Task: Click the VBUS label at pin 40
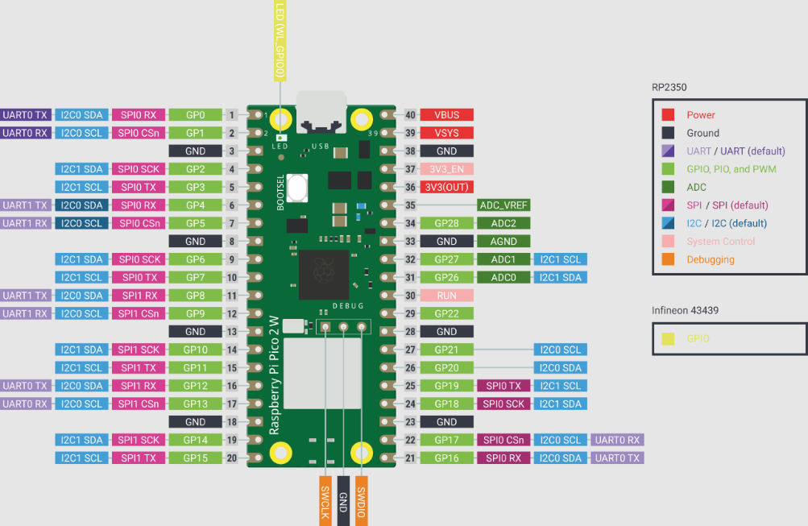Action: click(x=446, y=115)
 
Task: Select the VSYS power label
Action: click(x=446, y=133)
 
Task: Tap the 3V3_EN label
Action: click(x=446, y=169)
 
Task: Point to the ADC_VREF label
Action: click(x=503, y=205)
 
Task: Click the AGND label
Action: click(x=503, y=241)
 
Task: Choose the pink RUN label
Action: click(x=446, y=296)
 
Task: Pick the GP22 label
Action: click(x=446, y=313)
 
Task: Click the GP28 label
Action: click(x=446, y=223)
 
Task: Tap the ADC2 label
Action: click(x=503, y=223)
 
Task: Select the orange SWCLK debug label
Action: click(x=325, y=500)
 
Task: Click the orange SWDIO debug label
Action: click(x=362, y=500)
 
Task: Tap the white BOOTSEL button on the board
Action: click(x=296, y=189)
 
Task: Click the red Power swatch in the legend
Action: click(x=668, y=115)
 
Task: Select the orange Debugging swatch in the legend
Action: click(x=668, y=259)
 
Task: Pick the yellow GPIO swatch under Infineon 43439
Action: click(x=668, y=339)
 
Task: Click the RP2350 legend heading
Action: click(x=669, y=87)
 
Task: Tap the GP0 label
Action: click(x=195, y=115)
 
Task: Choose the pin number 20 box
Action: click(x=231, y=458)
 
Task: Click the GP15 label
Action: click(x=195, y=458)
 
